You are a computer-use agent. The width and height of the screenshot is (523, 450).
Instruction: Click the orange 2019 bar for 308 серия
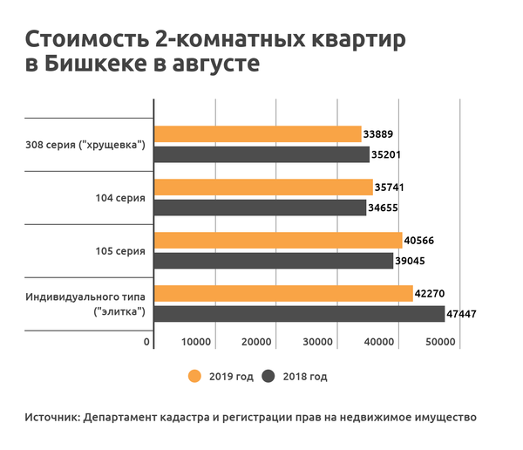click(x=257, y=133)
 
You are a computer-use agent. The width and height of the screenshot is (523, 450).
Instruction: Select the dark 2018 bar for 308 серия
click(x=261, y=154)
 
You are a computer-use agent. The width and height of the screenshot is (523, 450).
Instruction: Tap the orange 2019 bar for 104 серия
click(x=263, y=187)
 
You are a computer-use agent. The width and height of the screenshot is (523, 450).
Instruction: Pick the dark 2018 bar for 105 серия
click(x=273, y=260)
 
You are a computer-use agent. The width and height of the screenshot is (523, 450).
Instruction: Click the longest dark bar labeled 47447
click(x=299, y=313)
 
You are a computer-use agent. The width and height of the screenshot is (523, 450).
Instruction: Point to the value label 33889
click(x=381, y=133)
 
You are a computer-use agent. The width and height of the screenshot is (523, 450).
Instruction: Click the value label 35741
click(x=391, y=187)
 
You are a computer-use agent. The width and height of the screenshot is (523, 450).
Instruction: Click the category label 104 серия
click(x=120, y=198)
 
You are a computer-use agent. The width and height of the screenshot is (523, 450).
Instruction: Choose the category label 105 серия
click(x=120, y=251)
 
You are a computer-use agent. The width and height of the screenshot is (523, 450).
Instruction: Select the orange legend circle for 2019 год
click(x=194, y=377)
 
